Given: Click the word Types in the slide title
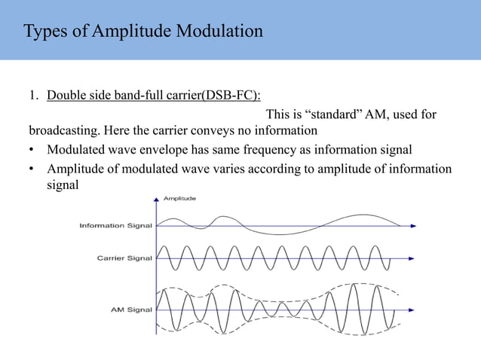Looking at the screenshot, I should tap(44, 32).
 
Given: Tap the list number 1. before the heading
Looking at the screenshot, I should tap(34, 96).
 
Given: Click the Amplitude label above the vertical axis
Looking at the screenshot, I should tap(179, 199).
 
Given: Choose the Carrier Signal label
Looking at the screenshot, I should tap(124, 258).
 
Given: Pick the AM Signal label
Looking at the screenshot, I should tap(132, 310).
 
